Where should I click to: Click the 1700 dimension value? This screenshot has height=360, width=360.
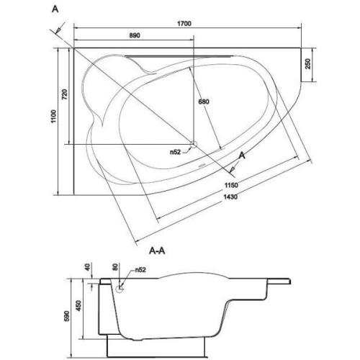[x=184, y=24]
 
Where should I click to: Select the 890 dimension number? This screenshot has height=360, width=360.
[x=135, y=35]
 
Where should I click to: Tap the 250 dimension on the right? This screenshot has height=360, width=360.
[x=307, y=64]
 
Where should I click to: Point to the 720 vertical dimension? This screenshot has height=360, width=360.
[x=65, y=94]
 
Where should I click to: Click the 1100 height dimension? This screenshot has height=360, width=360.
[x=53, y=116]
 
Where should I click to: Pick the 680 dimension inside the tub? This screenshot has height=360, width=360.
[x=204, y=102]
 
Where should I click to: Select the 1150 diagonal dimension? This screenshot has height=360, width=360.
[x=231, y=185]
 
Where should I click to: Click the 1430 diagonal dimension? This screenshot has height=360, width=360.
[x=230, y=197]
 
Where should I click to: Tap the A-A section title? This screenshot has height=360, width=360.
[x=157, y=251]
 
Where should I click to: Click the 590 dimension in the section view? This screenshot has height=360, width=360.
[x=67, y=316]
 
